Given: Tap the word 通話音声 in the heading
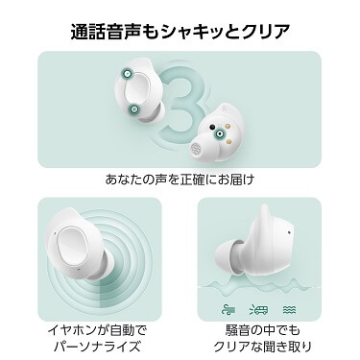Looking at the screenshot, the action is point(108,32).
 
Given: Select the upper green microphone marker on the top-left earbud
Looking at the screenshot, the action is point(128,74).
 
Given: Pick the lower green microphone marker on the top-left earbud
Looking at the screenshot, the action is point(134,109).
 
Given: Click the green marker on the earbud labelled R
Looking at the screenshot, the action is point(220,133).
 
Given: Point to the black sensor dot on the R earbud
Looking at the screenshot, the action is point(211,127).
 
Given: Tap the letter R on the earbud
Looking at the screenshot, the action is point(226,108).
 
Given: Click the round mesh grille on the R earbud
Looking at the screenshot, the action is point(197,149).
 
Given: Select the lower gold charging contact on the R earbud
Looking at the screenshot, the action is point(228,140).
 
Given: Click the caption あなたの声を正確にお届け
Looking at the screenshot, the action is point(180,180).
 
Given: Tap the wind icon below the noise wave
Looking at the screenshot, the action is point(229,309).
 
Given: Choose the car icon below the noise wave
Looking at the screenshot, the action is point(258,309).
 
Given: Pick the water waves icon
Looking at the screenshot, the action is point(290,309).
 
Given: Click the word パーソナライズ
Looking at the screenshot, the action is point(97,346).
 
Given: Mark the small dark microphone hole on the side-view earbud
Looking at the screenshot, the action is point(289,231).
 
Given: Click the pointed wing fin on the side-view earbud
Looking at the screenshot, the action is point(265,213).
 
